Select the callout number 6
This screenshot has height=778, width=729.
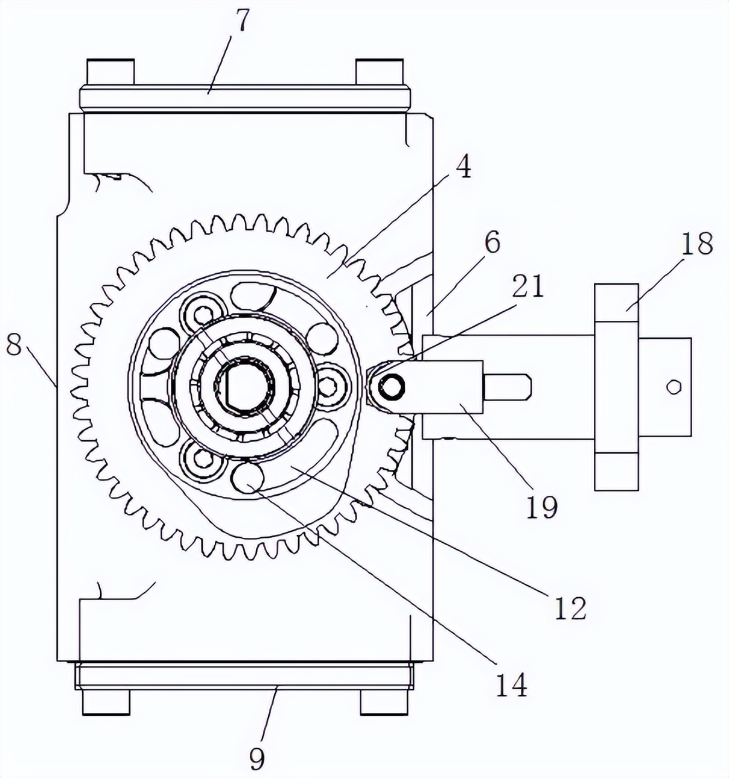[492, 242]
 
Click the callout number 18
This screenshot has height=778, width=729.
[696, 243]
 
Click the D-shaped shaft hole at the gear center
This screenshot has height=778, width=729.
[244, 387]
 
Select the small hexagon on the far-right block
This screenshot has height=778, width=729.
[673, 387]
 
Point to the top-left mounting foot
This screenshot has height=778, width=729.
[110, 72]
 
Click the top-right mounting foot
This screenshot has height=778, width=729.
[379, 72]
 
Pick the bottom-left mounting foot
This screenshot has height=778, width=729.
[106, 701]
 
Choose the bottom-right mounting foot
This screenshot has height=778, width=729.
[384, 701]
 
